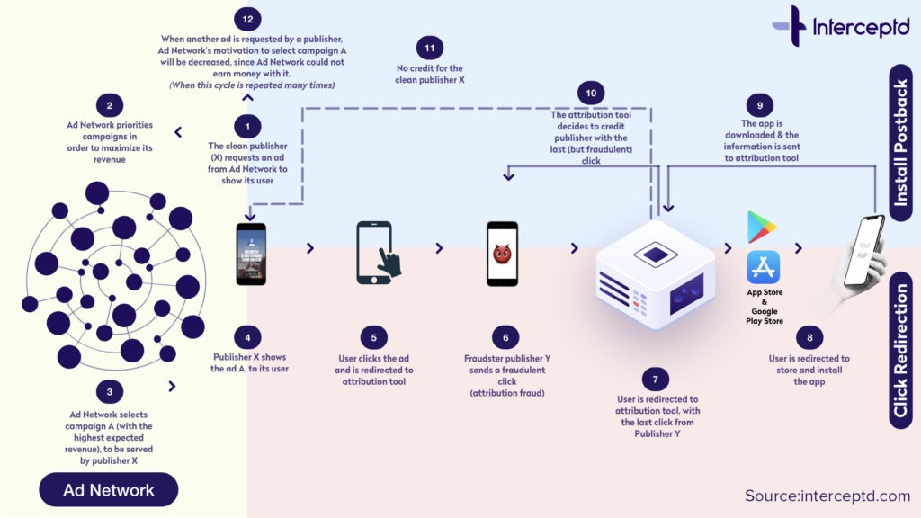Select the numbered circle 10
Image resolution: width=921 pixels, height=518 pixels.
(591, 93)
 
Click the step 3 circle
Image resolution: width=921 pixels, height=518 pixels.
(109, 390)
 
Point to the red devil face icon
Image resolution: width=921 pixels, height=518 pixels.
(502, 255)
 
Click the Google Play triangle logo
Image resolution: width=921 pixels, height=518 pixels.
(762, 227)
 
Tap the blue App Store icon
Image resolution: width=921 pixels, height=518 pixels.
(763, 267)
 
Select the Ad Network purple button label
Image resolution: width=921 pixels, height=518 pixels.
(108, 490)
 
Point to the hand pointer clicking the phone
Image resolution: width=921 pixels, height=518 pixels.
(389, 263)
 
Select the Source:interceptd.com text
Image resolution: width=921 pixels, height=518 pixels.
(827, 496)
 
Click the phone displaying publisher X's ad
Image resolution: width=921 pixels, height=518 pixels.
(251, 254)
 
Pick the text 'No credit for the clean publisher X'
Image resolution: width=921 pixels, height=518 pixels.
(430, 74)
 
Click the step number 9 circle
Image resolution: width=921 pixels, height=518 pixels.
(758, 104)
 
